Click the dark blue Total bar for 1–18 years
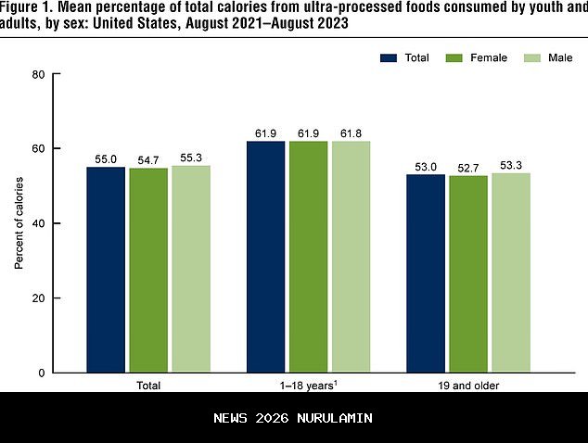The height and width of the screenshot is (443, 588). tap(265, 257)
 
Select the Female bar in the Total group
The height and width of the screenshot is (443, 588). tap(148, 270)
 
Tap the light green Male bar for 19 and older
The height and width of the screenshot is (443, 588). tap(510, 272)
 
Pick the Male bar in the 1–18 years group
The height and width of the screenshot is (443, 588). tap(351, 257)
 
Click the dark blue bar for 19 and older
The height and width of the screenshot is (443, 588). tap(426, 273)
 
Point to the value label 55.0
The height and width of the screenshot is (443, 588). tap(107, 159)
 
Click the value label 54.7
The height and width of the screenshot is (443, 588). tap(148, 160)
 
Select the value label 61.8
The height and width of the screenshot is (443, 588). tap(351, 133)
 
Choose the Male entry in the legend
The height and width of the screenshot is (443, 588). tap(546, 57)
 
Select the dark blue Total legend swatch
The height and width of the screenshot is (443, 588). tap(388, 57)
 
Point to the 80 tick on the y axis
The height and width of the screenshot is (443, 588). tap(40, 74)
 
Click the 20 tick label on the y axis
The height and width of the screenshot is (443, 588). tap(40, 298)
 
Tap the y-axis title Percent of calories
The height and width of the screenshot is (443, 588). tap(19, 223)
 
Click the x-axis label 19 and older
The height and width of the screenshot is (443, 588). tap(467, 386)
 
